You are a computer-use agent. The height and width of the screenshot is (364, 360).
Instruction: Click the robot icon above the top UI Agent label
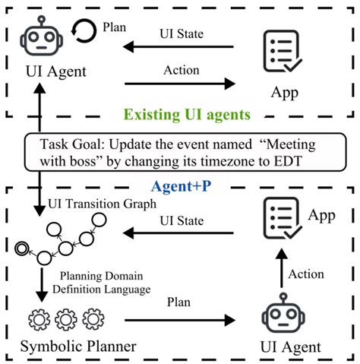42,36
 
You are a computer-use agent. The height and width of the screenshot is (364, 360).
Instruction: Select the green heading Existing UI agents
187,115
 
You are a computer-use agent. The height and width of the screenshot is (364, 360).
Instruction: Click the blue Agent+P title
181,186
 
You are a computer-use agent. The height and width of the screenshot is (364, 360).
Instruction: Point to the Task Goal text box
185,152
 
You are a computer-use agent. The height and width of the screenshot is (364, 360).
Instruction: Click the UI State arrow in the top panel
178,47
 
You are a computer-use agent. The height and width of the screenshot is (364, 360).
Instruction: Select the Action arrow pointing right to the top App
180,84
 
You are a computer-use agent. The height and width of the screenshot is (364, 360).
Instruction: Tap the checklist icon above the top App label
283,51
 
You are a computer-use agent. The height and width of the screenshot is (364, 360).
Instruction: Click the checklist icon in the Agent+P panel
283,218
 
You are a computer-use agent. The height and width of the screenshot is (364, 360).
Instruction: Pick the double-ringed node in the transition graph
22,248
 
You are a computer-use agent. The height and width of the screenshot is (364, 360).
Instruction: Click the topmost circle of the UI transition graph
99,220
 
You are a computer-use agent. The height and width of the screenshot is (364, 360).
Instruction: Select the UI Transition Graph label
102,204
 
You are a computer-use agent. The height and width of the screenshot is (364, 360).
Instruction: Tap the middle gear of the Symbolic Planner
66,319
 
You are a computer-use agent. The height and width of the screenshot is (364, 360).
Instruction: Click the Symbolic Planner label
78,346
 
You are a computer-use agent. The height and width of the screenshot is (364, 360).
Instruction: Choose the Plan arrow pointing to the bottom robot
180,320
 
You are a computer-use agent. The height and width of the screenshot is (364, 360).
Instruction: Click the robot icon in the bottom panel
283,313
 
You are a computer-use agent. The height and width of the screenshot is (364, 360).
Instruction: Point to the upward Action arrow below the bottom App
282,268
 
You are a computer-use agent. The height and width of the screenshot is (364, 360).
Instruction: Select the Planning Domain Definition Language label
102,283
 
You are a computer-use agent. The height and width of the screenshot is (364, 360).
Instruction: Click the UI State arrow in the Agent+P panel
178,233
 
